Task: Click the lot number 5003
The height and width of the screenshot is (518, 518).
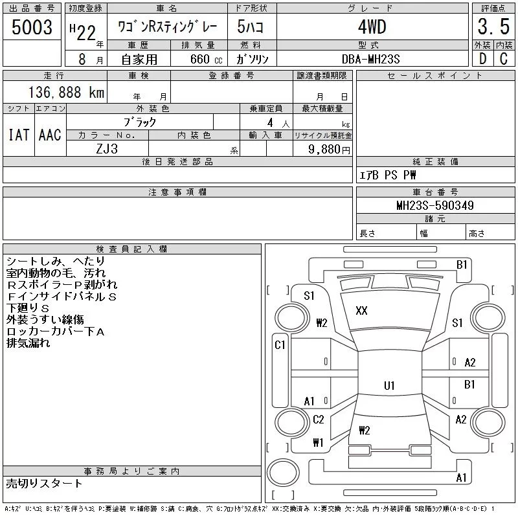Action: pos(32,28)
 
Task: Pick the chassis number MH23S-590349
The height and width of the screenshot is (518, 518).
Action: pos(435,206)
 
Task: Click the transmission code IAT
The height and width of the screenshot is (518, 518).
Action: pos(18,135)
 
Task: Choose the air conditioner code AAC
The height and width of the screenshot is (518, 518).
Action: pos(50,135)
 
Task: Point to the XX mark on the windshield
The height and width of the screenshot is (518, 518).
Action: pos(361,311)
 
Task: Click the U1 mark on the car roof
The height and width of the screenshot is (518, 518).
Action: pos(389,386)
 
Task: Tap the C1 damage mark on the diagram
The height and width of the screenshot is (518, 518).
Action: pos(280,345)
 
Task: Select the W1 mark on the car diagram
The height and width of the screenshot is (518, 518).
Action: pos(318,443)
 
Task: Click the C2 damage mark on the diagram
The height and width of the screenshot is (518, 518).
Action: pos(318,420)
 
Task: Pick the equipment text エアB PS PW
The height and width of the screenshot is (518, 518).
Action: pos(388,175)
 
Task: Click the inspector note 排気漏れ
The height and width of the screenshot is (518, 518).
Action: pos(28,343)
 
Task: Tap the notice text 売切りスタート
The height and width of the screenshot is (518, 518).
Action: pos(44,483)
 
